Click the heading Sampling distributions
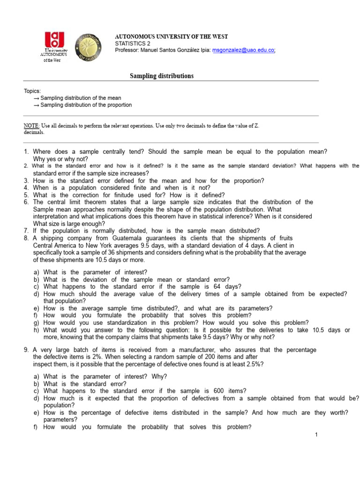click(x=161, y=76)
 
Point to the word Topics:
click(x=32, y=91)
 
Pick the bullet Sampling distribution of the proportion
click(x=86, y=105)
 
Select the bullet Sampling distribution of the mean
click(x=81, y=98)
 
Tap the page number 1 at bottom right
click(x=316, y=435)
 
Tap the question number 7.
click(x=26, y=231)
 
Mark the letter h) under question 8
click(x=36, y=330)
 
